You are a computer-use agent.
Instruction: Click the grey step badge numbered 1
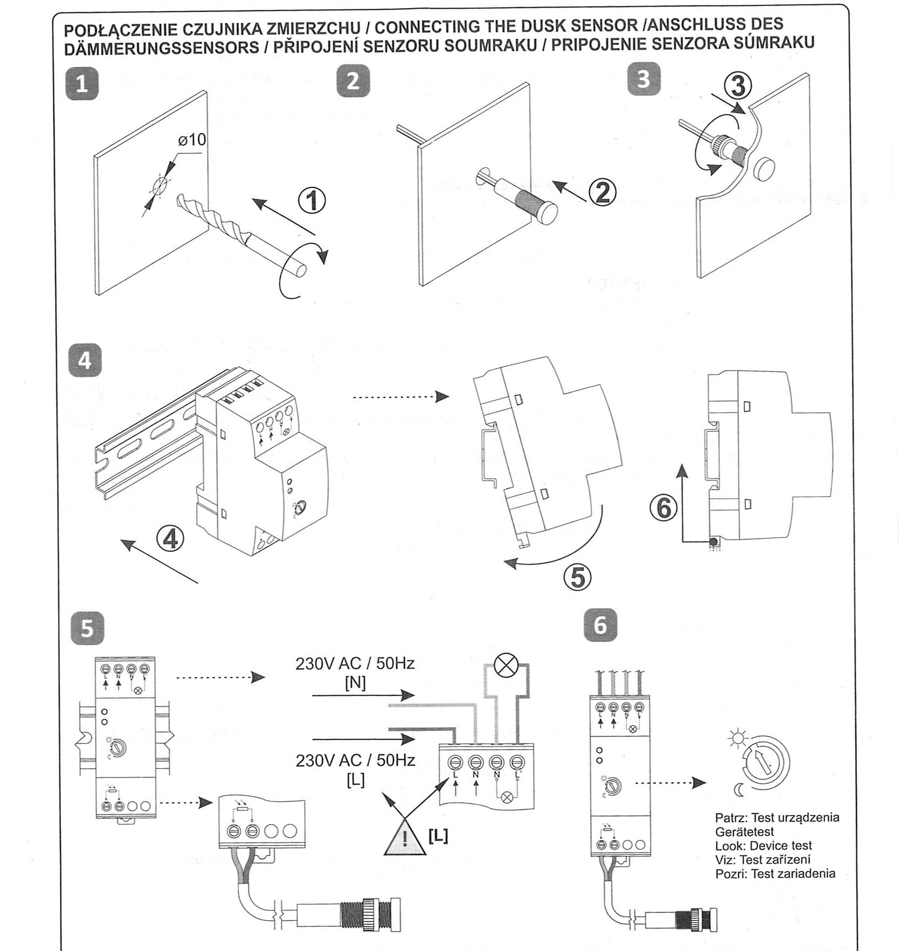pyautogui.click(x=82, y=84)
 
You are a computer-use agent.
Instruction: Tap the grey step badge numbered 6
pyautogui.click(x=600, y=625)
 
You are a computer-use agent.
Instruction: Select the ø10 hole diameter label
pyautogui.click(x=192, y=140)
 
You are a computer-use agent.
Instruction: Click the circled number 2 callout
pyautogui.click(x=603, y=191)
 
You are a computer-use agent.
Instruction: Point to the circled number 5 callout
pyautogui.click(x=577, y=577)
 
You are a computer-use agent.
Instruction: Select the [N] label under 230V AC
pyautogui.click(x=355, y=683)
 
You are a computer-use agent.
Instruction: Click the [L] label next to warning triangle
pyautogui.click(x=438, y=836)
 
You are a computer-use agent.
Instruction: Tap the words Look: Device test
pyautogui.click(x=763, y=845)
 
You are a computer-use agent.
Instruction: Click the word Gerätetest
pyautogui.click(x=744, y=831)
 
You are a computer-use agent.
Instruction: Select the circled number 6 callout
pyautogui.click(x=663, y=508)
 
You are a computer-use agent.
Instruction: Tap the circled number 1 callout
pyautogui.click(x=312, y=201)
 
